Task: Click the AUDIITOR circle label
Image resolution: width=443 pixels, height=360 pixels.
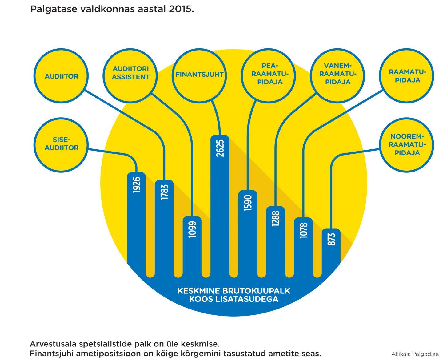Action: (x=61, y=76)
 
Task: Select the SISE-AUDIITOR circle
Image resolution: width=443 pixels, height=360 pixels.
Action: (x=61, y=144)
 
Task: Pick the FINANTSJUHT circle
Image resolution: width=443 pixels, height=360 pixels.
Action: (x=199, y=75)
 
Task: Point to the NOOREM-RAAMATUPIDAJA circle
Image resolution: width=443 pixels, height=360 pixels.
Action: (x=407, y=144)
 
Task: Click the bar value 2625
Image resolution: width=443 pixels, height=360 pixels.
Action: (x=220, y=148)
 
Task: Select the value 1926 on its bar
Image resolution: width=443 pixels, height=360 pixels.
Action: (x=137, y=185)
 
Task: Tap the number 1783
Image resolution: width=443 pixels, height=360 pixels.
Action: (x=164, y=192)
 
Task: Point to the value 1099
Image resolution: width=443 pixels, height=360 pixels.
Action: (x=192, y=229)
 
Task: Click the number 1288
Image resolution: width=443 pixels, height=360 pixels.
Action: (x=276, y=219)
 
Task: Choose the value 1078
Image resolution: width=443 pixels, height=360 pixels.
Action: (x=304, y=230)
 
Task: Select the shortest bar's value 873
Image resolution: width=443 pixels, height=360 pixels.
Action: (x=331, y=239)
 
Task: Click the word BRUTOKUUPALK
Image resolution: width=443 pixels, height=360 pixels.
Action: (x=256, y=291)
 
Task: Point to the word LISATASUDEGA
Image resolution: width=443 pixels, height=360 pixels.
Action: (x=247, y=299)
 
